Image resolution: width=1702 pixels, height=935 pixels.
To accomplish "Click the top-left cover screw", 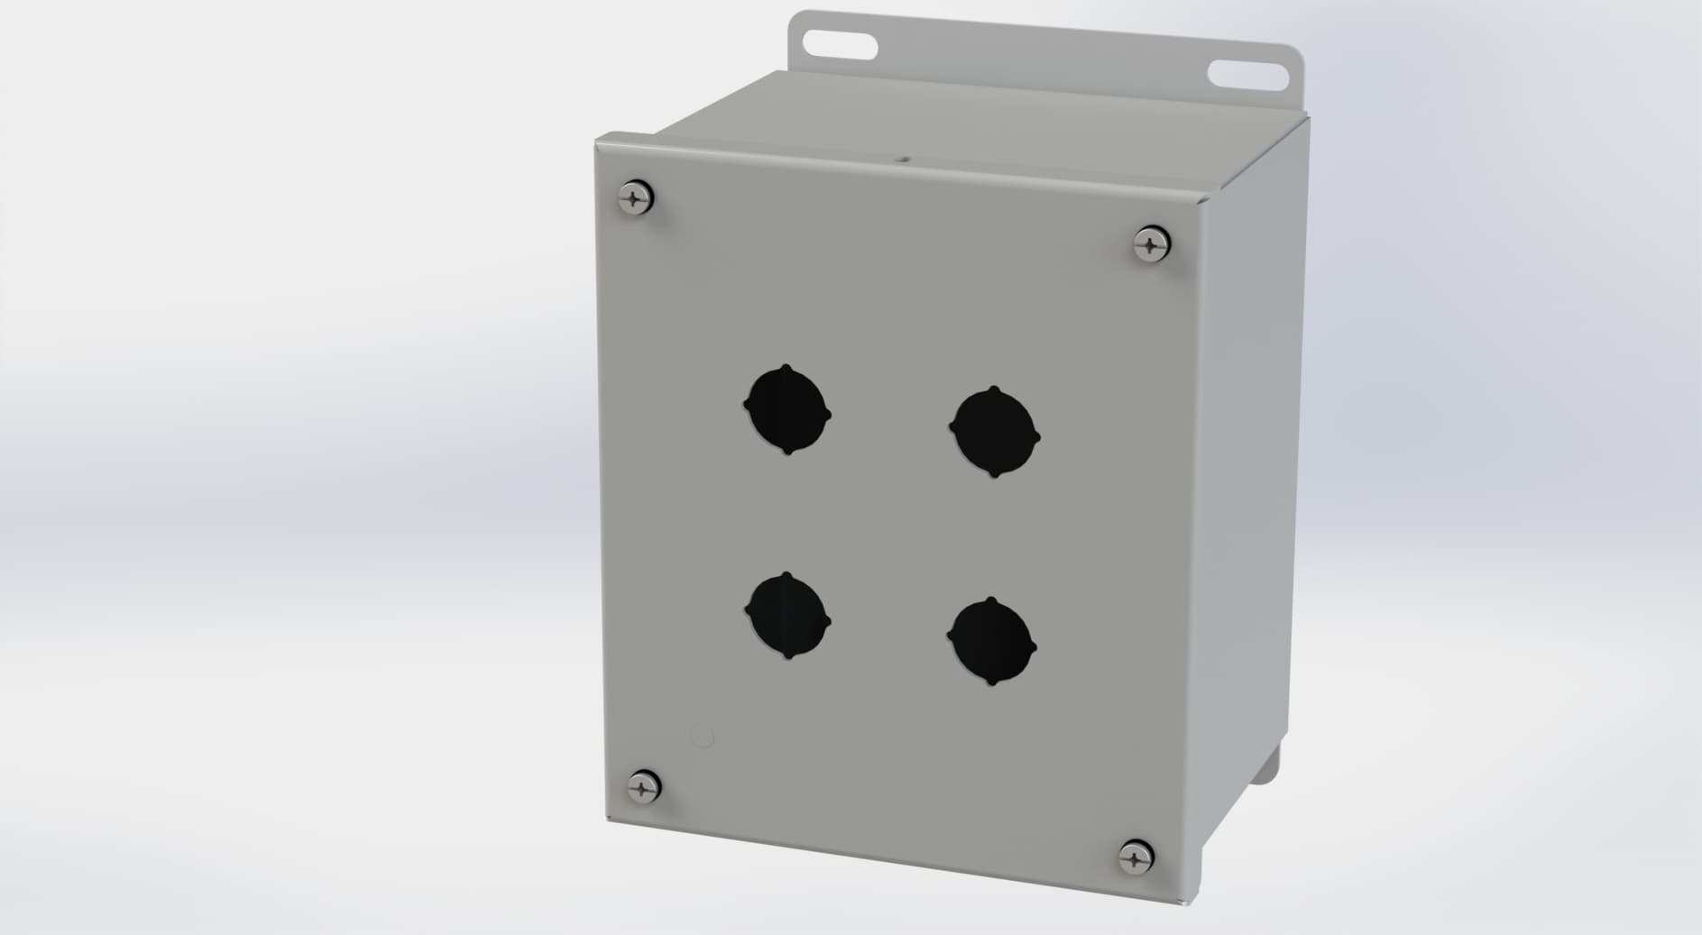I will coord(637,197).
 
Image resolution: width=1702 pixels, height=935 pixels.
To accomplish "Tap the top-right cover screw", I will coord(1151,243).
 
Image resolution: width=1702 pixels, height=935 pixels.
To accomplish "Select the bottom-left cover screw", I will coord(643,786).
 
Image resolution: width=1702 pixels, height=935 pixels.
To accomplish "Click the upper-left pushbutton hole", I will coord(787,409).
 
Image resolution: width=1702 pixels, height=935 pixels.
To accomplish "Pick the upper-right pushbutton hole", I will coord(995,432).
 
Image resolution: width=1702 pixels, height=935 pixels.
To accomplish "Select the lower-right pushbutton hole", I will coord(992,641).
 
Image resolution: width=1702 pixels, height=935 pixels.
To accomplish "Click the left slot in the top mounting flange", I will coord(839,44).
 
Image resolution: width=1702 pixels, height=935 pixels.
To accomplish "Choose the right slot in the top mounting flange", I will coord(1247,74).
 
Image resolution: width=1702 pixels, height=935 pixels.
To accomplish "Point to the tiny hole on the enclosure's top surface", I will coord(902,163).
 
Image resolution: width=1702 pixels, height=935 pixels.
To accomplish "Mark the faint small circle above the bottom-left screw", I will coord(701,737).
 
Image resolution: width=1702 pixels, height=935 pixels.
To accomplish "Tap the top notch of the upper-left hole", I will coord(787,368).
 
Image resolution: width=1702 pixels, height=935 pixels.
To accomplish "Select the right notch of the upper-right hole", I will coord(1037,438).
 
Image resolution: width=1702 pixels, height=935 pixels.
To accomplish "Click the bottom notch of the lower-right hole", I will coord(990,683).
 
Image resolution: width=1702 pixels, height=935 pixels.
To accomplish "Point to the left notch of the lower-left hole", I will coord(748,611).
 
